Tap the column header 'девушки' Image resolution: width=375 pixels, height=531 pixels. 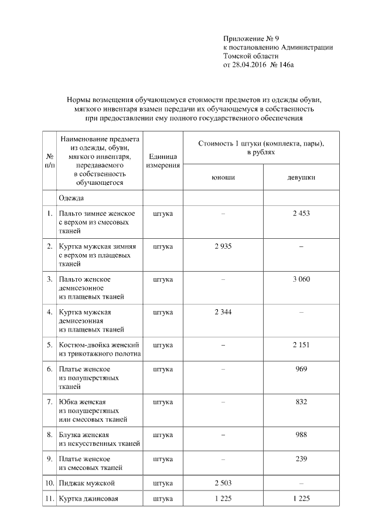click(301, 177)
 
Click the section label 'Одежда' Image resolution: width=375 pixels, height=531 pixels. click(71, 198)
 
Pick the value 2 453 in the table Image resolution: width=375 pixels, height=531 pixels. click(301, 213)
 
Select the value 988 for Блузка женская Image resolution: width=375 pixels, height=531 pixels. click(301, 435)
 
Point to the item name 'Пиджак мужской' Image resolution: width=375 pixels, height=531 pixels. click(86, 483)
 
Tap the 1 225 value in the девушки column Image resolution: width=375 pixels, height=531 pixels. click(301, 499)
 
